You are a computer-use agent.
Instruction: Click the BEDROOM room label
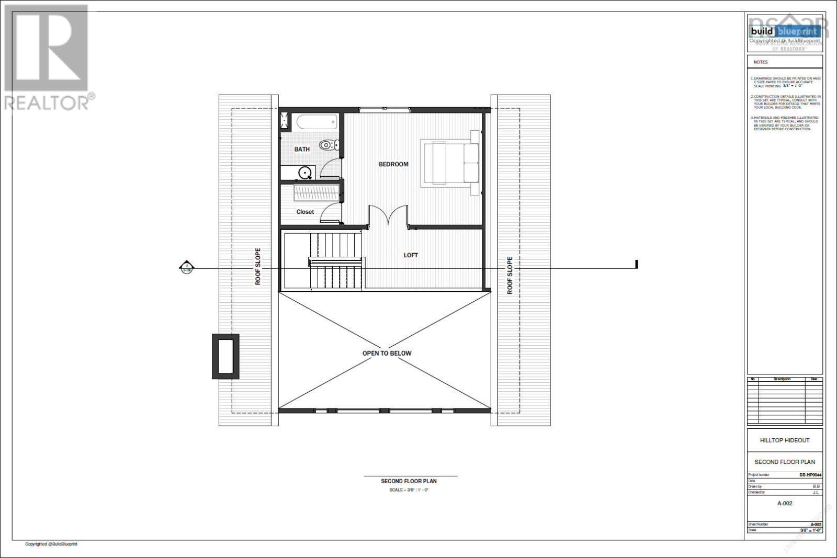pos(393,164)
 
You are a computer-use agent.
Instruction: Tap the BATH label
pos(302,150)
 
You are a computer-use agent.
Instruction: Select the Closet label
pos(305,212)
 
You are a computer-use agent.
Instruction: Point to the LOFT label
pos(411,255)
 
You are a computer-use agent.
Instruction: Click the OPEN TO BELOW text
pos(387,354)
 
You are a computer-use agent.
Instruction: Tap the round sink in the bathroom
pos(304,172)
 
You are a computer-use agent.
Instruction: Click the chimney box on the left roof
pos(225,356)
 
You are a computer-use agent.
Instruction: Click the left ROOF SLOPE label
pos(258,267)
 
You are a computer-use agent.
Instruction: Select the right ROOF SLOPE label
pos(510,275)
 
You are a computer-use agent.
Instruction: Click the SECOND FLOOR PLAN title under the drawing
pos(409,481)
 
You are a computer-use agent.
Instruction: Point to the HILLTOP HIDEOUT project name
pos(784,440)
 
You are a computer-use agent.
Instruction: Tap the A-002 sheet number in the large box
pos(784,504)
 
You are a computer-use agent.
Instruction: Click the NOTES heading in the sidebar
pos(761,62)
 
